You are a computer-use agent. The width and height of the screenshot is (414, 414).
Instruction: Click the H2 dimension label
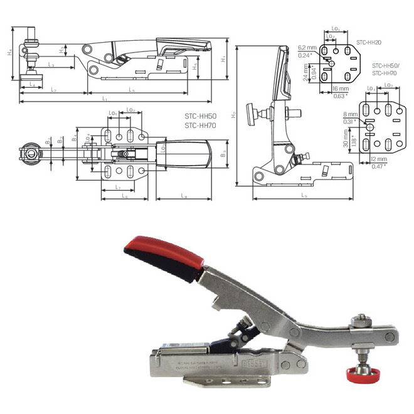click(233, 115)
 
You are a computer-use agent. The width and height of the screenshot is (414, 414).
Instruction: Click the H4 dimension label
click(9, 53)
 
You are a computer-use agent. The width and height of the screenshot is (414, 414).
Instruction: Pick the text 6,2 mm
click(307, 47)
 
